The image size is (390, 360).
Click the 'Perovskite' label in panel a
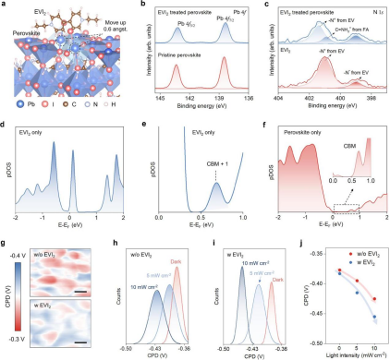pyautogui.click(x=26, y=40)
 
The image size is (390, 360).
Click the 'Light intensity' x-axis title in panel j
pyautogui.click(x=344, y=354)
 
